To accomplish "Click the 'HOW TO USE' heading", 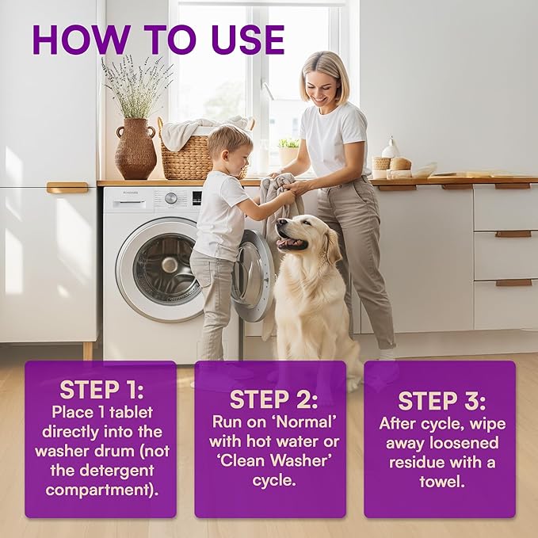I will tap(158, 40).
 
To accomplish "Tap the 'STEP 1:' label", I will tap(100, 391).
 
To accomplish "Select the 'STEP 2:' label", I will tap(270, 399).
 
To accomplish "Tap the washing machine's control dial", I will tap(170, 197).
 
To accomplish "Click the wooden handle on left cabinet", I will tap(67, 188).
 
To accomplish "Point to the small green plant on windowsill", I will tap(288, 143).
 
